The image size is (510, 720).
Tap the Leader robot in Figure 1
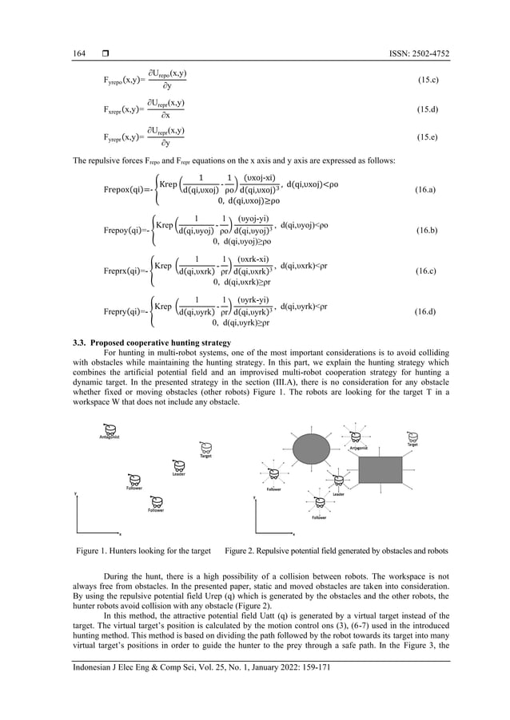coord(177,466)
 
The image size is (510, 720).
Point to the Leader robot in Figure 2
coord(339,481)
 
